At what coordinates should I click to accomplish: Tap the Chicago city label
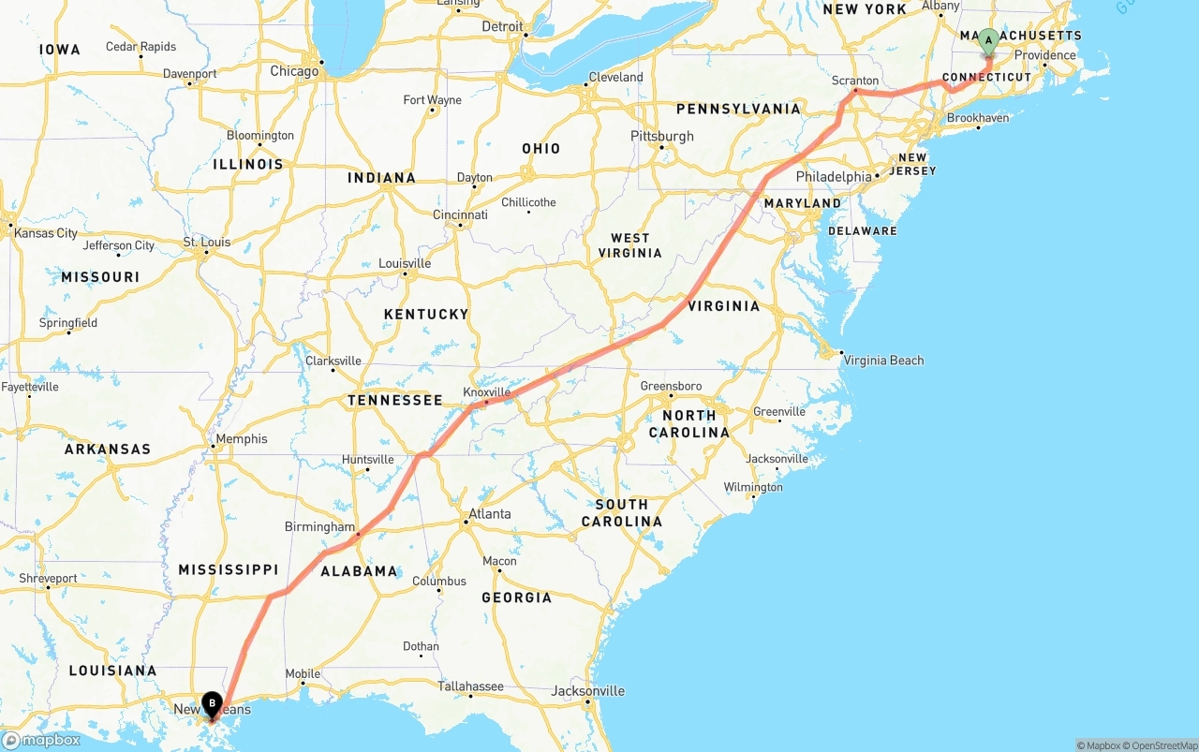[x=294, y=71]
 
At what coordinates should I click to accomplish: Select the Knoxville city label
[x=487, y=392]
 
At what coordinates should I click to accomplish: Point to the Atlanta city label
[x=490, y=513]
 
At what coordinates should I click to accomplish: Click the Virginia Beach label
[x=883, y=360]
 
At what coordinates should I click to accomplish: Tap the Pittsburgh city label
[x=662, y=136]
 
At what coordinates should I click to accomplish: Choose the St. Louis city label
[x=207, y=242]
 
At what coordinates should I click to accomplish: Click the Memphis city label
[x=242, y=438]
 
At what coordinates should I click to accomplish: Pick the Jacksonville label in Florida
[x=588, y=691]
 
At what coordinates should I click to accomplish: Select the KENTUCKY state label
[x=426, y=314]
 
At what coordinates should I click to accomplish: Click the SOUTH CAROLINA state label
[x=622, y=512]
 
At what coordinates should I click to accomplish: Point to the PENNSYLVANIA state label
[x=738, y=109]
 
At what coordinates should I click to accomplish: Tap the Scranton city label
[x=855, y=81]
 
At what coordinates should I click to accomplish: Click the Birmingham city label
[x=320, y=526]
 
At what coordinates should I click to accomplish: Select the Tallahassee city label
[x=471, y=686]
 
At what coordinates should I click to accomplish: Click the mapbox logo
[x=42, y=740]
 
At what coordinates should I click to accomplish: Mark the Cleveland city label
[x=615, y=77]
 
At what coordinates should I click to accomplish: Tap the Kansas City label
[x=46, y=232]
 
